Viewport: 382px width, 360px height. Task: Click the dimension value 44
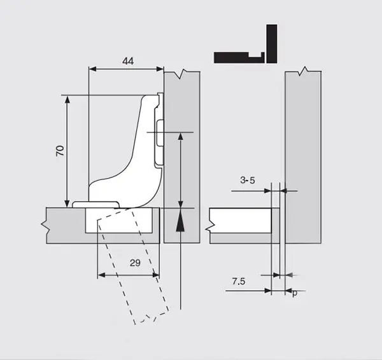[128, 61]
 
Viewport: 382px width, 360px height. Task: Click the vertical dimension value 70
[60, 151]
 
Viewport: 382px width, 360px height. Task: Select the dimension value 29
[135, 263]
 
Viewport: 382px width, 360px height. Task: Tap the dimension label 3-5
[248, 181]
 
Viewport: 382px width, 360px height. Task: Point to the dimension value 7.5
[239, 281]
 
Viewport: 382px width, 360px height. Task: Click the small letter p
[295, 293]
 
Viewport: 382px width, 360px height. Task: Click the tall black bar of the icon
[272, 44]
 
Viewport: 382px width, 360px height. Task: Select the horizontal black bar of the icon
[239, 58]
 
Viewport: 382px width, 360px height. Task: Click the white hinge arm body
[129, 156]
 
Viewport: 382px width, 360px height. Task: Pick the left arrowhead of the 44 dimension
[92, 69]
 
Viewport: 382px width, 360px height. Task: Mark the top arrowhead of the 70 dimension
[67, 100]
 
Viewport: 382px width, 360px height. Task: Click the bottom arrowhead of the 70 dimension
[67, 204]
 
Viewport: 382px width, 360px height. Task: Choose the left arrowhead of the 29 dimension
[101, 275]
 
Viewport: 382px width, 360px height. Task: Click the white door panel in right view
[241, 221]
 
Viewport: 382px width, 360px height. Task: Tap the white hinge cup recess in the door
[119, 221]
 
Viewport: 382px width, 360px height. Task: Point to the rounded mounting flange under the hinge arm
[95, 205]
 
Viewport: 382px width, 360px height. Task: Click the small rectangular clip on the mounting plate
[160, 133]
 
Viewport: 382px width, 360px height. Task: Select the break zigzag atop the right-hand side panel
[303, 71]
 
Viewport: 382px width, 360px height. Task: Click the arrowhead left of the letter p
[288, 291]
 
